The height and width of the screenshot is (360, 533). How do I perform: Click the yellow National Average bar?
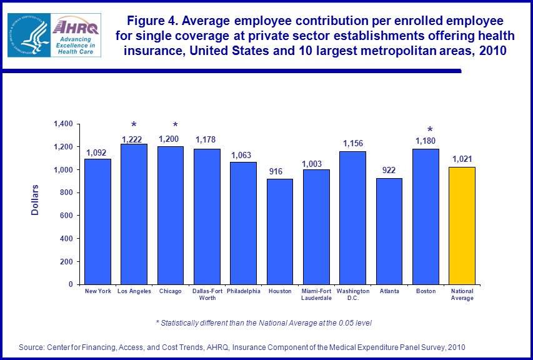click(462, 226)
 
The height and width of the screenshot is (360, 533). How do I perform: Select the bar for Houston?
click(279, 232)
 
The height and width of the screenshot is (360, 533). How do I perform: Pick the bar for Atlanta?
click(389, 231)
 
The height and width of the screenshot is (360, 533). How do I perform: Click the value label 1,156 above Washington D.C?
click(352, 144)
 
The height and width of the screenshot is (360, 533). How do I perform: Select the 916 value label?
click(279, 171)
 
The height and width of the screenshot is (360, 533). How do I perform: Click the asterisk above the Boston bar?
click(430, 131)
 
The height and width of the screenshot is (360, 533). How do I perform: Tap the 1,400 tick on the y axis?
click(63, 124)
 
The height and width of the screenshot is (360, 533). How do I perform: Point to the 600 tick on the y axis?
click(66, 216)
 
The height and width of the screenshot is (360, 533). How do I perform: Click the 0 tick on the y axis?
click(71, 284)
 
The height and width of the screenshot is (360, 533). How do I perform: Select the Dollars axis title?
click(35, 200)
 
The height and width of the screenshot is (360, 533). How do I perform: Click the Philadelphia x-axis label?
click(244, 291)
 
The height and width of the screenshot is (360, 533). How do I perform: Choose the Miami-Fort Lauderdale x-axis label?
click(316, 294)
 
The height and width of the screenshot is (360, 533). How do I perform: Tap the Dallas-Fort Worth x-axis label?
click(207, 294)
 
